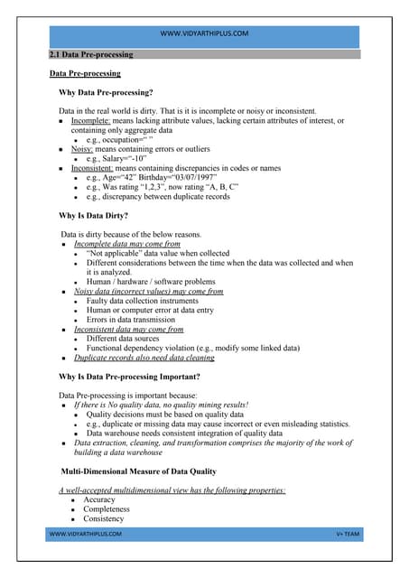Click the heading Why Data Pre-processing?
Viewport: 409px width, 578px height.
pos(106,93)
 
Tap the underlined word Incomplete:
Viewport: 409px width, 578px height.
pos(91,121)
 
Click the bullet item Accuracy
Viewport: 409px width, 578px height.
pos(99,499)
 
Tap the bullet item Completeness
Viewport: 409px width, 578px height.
pos(106,509)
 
